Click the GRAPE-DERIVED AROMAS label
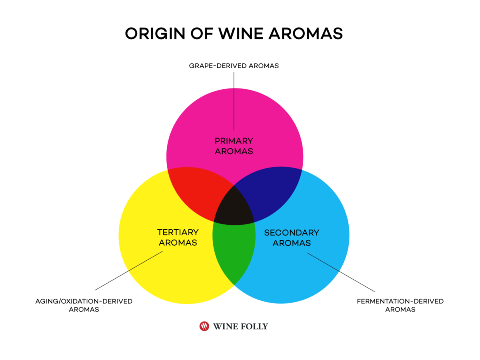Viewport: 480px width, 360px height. (234, 66)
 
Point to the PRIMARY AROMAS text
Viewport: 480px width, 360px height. (234, 146)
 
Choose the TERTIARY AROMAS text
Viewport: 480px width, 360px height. (178, 237)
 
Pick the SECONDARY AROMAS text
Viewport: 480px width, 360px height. (292, 238)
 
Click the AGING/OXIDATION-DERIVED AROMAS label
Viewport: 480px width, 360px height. (84, 305)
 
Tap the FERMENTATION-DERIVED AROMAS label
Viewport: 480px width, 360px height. (400, 305)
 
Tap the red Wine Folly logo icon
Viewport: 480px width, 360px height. (204, 326)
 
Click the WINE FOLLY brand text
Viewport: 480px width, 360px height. (240, 326)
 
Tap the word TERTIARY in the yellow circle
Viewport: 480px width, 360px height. (178, 232)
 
